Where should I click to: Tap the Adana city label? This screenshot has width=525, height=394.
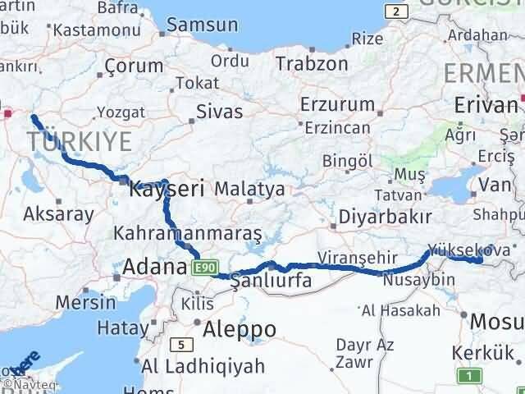point(154,267)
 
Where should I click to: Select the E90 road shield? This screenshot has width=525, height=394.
point(205,268)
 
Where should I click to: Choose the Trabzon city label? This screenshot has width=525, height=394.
point(311,63)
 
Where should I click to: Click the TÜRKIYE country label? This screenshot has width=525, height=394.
point(78,141)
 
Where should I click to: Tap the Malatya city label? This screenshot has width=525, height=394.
point(249,189)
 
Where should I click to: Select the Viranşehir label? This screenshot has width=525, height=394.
point(353,258)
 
